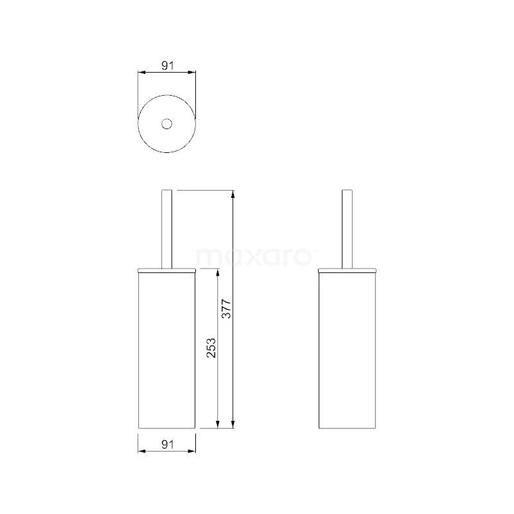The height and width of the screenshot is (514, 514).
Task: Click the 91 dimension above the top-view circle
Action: [x=167, y=65]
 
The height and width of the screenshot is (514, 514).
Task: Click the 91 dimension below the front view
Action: [x=167, y=443]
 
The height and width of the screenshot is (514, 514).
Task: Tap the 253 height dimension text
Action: [x=211, y=348]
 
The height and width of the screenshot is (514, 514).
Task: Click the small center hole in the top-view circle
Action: [x=167, y=123]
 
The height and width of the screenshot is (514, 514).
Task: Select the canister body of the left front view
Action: [x=167, y=350]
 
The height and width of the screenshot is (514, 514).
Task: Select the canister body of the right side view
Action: [x=347, y=350]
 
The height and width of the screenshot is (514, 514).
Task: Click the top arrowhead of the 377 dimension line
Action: [x=233, y=194]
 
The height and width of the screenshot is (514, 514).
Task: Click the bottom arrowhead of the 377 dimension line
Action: [x=233, y=423]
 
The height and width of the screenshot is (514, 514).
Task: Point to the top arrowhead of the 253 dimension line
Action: [x=219, y=274]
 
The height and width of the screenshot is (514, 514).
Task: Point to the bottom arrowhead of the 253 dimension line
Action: [x=219, y=423]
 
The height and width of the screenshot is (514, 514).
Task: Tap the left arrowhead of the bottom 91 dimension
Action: [x=142, y=451]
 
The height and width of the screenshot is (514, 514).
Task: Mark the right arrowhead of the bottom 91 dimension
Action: [x=192, y=451]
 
